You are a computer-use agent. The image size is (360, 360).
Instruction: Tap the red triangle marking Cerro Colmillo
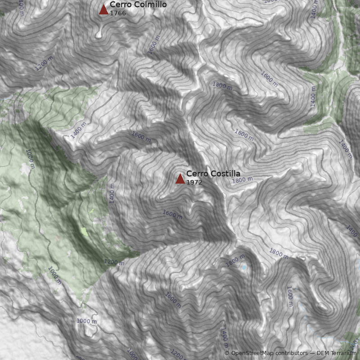[104, 9]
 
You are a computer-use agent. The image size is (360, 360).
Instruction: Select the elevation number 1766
[118, 13]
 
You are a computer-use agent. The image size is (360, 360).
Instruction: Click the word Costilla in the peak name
[225, 174]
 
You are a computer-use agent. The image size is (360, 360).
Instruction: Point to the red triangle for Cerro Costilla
[180, 179]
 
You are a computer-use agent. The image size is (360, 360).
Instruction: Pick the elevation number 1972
[194, 183]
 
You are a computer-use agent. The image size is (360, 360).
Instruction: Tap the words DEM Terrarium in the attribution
[337, 353]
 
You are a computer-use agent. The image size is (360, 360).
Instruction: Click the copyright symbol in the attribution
[227, 353]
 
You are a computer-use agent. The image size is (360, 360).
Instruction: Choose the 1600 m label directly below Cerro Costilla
[172, 215]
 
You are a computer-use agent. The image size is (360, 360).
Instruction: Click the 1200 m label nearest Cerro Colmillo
[44, 63]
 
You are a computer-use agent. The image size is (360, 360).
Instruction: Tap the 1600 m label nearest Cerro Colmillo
[153, 47]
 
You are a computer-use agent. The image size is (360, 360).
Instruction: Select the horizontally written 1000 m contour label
[86, 321]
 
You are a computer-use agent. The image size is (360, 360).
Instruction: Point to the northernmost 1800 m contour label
[222, 85]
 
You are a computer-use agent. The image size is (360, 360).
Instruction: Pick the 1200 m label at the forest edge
[114, 262]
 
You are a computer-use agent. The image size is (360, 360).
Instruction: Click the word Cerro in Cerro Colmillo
[119, 4]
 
